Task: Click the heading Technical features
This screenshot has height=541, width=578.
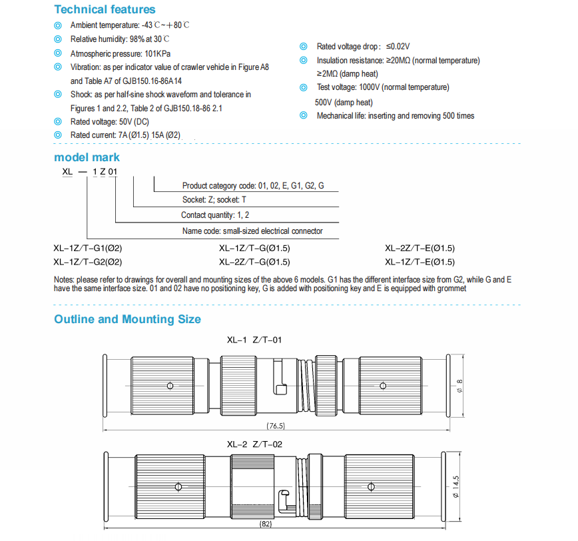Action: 105,9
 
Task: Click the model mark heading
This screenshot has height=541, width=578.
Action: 87,157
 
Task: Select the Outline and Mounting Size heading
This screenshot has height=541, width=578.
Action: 127,319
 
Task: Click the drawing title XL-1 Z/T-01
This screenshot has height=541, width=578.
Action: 254,340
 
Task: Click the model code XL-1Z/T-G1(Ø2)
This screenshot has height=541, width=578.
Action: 87,248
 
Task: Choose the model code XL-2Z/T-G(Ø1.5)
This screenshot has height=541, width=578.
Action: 254,262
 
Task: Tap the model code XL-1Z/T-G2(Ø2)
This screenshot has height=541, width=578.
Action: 87,262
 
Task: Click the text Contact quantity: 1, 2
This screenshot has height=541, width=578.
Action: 215,215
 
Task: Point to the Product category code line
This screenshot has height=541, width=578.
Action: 253,185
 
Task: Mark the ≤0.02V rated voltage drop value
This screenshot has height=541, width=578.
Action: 398,47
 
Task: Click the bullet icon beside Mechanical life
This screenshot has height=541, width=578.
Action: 304,115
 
